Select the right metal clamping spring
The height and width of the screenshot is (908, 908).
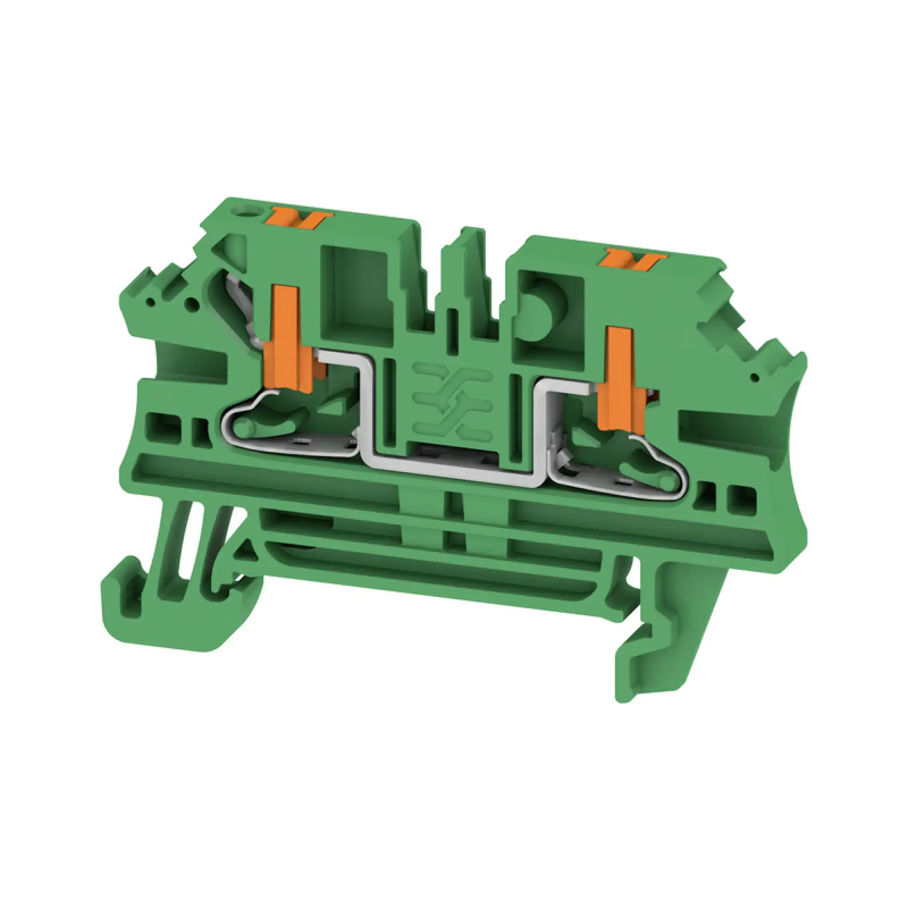625,475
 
